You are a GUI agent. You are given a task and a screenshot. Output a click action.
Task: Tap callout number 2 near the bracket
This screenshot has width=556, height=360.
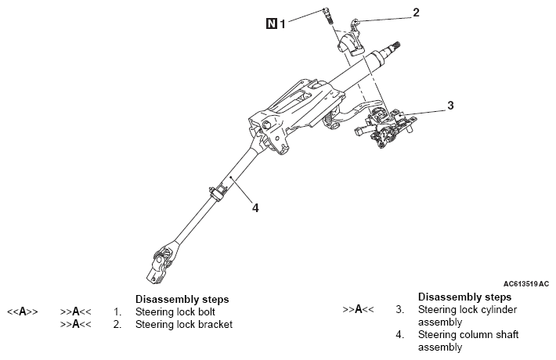pos(416,13)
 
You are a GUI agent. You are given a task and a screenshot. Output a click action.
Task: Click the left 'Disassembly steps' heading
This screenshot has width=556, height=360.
pos(182,300)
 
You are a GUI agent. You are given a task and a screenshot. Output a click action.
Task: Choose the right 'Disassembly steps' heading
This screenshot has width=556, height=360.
pos(464,298)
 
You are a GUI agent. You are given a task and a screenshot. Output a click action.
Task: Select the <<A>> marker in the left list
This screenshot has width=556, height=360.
pos(23,311)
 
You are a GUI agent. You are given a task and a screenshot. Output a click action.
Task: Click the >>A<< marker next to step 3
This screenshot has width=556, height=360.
pos(358,310)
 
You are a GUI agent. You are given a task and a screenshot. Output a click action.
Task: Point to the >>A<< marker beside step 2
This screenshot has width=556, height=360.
pos(76,324)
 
